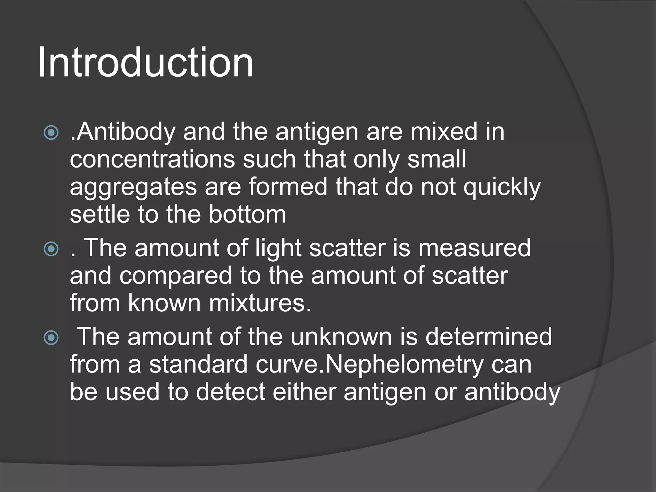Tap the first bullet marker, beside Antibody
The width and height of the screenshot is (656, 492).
(x=51, y=133)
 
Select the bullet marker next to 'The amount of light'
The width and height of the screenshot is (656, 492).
(x=51, y=249)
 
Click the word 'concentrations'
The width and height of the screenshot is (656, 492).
(x=152, y=160)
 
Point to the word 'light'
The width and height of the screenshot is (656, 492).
(x=278, y=248)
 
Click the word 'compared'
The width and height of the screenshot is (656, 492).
(x=176, y=276)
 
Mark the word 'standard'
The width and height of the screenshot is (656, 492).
(x=198, y=365)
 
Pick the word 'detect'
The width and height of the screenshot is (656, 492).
(x=230, y=392)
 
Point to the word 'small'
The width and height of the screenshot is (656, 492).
(x=437, y=160)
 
